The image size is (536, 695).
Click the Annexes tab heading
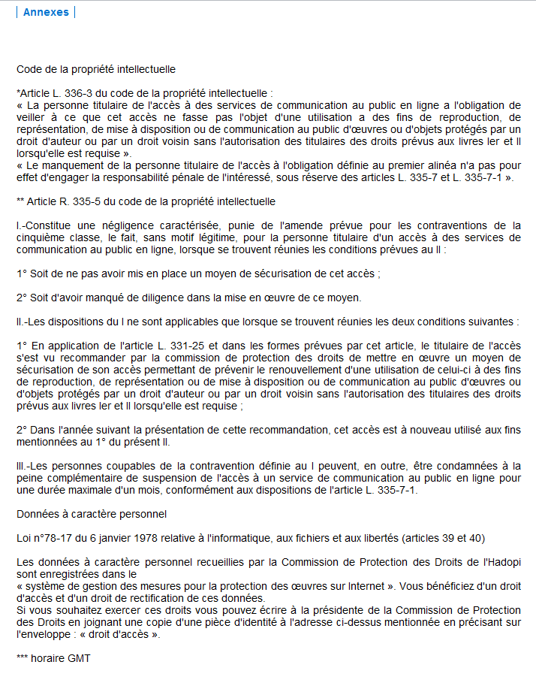[x=46, y=12]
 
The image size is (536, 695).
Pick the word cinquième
[x=42, y=237]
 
